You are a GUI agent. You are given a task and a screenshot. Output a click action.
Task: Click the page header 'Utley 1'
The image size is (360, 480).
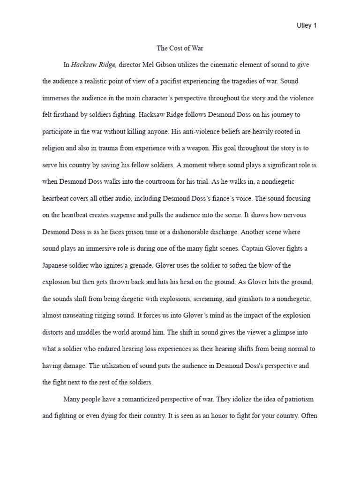tap(307, 26)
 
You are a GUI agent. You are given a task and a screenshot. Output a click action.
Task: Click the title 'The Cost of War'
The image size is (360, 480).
tap(180, 48)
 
